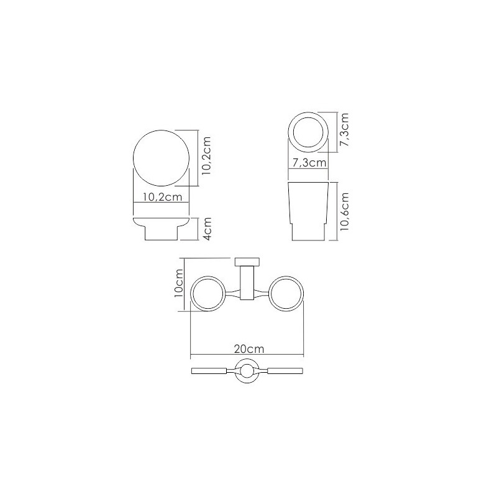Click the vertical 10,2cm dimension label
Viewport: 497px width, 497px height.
206,156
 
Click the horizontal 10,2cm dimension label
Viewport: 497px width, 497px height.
163,197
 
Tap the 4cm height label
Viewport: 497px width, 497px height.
207,229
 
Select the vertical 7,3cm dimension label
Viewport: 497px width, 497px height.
344,129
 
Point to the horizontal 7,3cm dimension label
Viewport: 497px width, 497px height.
309,163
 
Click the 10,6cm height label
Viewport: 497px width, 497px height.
344,211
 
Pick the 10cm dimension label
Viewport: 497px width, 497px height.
179,283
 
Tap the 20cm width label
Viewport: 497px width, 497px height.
249,349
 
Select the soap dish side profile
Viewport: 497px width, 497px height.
162,229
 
